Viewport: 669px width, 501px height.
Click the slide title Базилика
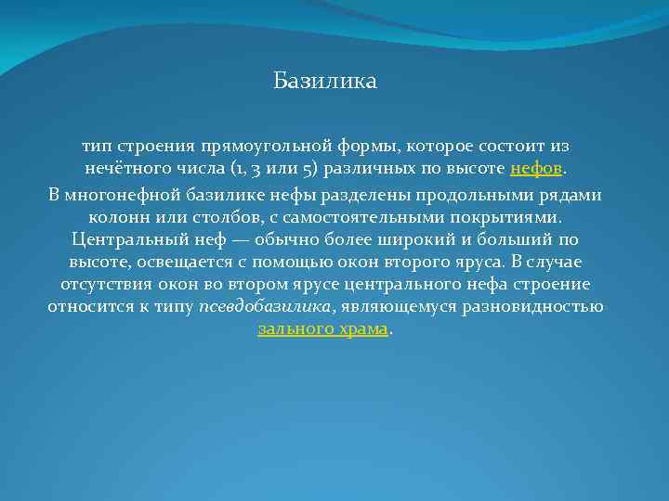(x=325, y=82)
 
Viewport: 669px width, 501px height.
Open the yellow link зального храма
(x=322, y=329)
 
